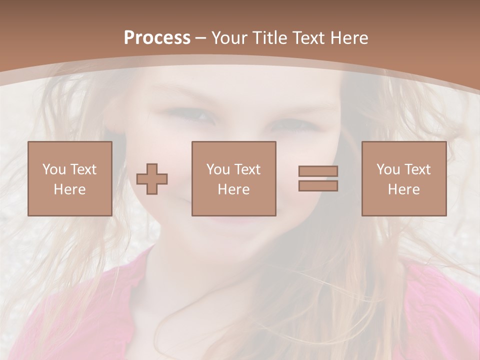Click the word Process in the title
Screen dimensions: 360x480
point(157,38)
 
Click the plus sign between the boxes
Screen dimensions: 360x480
point(152,179)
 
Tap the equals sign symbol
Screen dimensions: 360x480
point(318,178)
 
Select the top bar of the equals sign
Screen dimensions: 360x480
point(318,171)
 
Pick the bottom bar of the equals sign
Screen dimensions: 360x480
point(318,186)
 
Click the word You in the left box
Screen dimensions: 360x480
point(54,169)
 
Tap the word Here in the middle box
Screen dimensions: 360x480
point(233,189)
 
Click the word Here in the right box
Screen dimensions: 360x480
point(403,189)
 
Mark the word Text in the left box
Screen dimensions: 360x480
point(83,169)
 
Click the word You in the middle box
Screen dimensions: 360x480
point(218,169)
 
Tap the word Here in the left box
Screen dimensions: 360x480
point(69,189)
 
